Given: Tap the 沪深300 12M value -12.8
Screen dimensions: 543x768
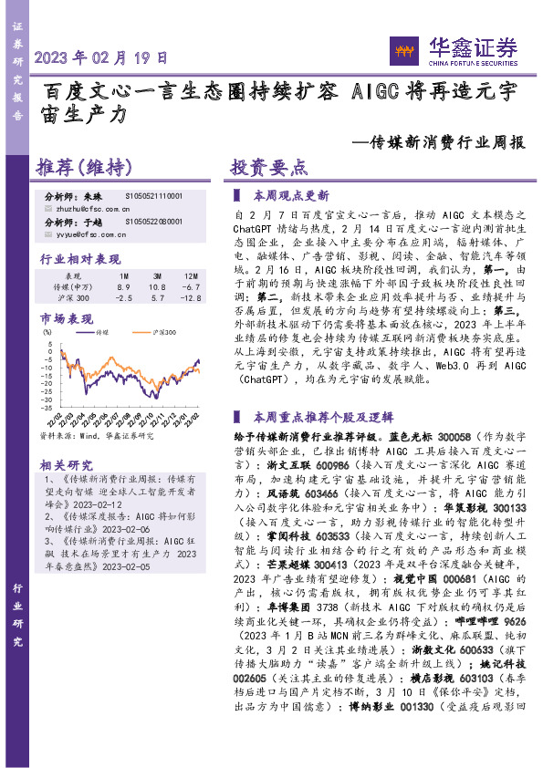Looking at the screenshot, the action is coord(190,298).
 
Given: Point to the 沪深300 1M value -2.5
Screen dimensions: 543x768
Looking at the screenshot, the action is coord(124,298).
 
